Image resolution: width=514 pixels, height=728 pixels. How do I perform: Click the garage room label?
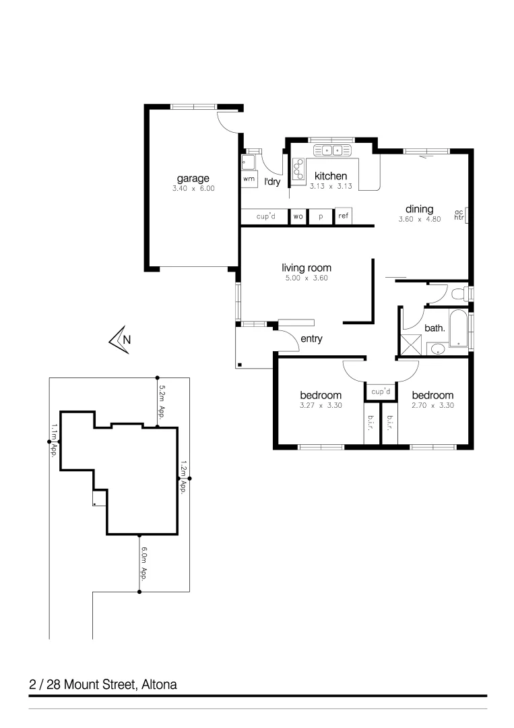pyautogui.click(x=192, y=179)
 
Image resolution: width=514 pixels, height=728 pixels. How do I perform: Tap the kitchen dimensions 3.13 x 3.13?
pyautogui.click(x=331, y=186)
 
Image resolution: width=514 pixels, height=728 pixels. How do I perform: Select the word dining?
pyautogui.click(x=419, y=209)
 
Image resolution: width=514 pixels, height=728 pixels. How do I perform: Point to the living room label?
pyautogui.click(x=307, y=268)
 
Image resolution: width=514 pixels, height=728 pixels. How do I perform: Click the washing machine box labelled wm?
pyautogui.click(x=249, y=179)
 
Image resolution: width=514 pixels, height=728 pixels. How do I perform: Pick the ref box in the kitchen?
pyautogui.click(x=344, y=216)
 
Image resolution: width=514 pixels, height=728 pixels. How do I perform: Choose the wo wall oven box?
pyautogui.click(x=298, y=216)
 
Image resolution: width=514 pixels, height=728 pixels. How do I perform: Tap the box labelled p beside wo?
pyautogui.click(x=321, y=216)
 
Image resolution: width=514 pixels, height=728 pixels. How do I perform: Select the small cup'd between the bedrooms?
pyautogui.click(x=381, y=391)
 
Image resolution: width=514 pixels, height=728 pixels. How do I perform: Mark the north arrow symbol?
pyautogui.click(x=120, y=339)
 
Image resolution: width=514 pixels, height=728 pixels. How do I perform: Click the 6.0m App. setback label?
pyautogui.click(x=143, y=564)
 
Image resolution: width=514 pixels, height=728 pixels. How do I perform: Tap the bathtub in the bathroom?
pyautogui.click(x=459, y=329)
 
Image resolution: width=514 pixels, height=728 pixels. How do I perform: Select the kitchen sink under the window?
pyautogui.click(x=331, y=150)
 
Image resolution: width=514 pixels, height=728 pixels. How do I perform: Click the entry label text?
pyautogui.click(x=311, y=339)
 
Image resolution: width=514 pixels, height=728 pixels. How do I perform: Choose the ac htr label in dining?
pyautogui.click(x=459, y=214)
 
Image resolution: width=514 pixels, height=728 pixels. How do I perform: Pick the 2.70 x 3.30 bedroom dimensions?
pyautogui.click(x=432, y=406)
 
